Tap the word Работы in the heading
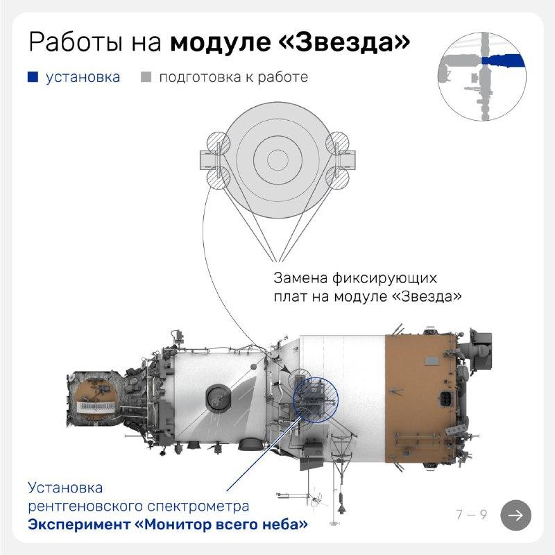(x=77, y=42)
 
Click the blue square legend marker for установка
(x=33, y=77)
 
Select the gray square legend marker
(x=146, y=77)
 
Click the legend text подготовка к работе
(x=234, y=78)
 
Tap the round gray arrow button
(x=515, y=515)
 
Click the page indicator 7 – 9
(x=472, y=514)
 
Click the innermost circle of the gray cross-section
(x=278, y=160)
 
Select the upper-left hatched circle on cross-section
(x=219, y=144)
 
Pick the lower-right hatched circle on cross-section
(x=337, y=178)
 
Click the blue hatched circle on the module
(x=316, y=400)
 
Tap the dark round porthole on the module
(x=219, y=398)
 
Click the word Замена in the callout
(x=300, y=278)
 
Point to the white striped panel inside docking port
(x=96, y=406)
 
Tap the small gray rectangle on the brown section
(x=432, y=361)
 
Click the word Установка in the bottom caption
(x=65, y=488)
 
